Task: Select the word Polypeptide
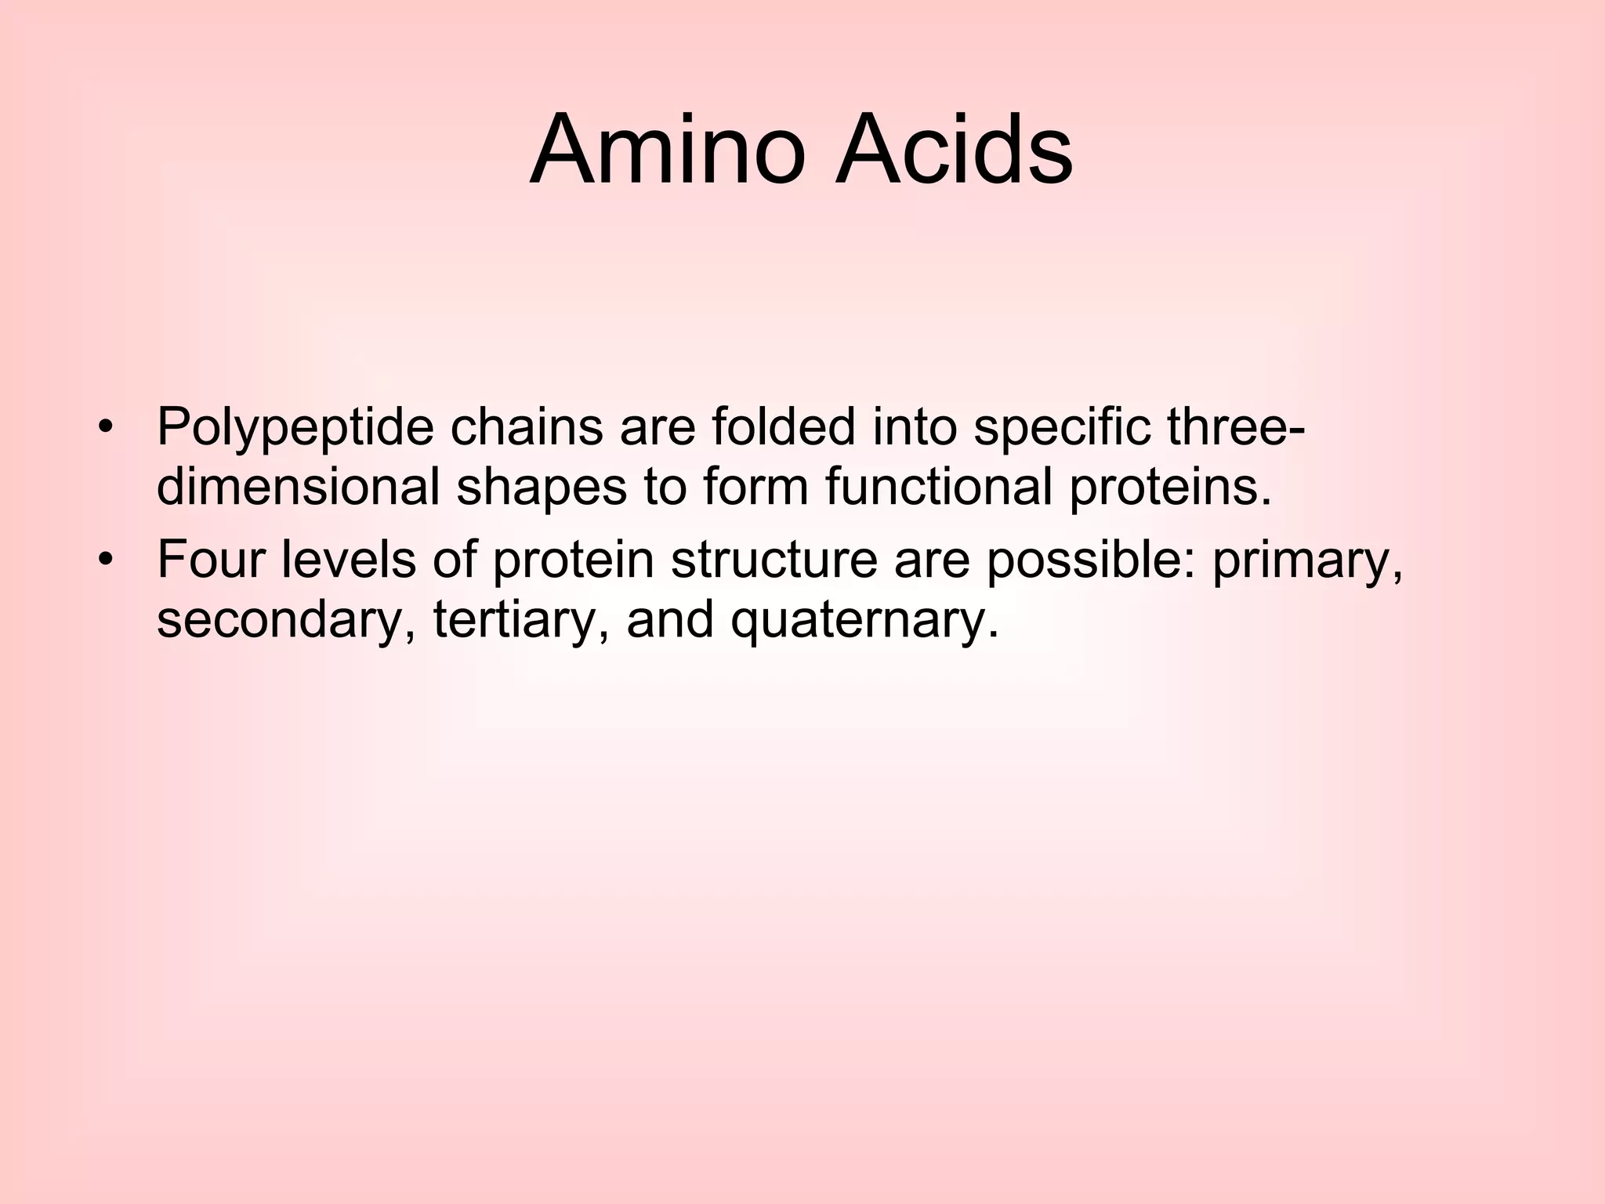(x=295, y=430)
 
